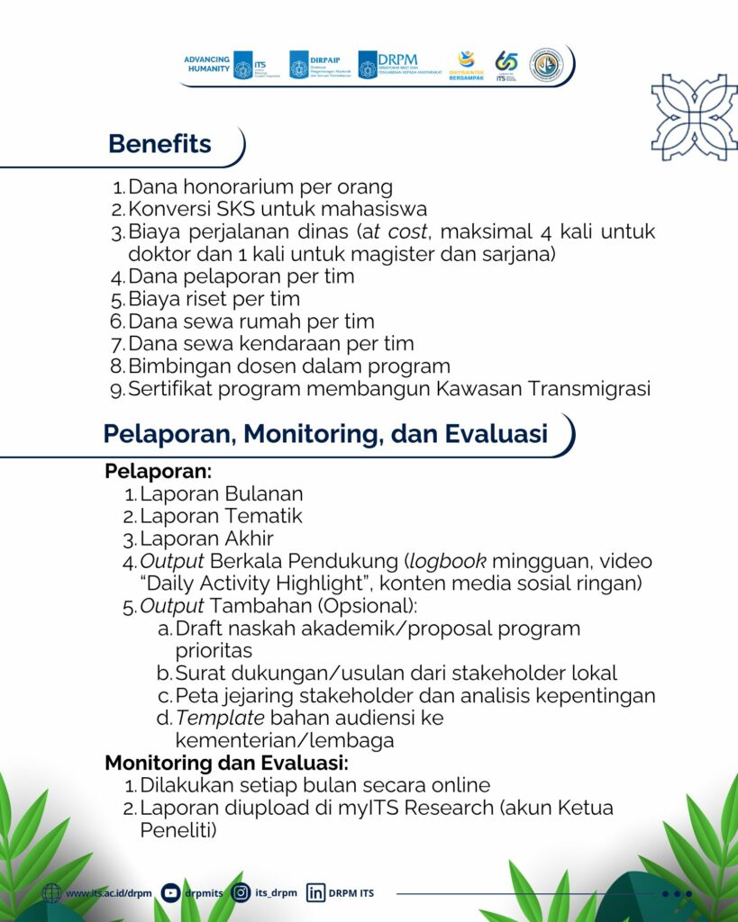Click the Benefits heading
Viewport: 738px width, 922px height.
coord(159,144)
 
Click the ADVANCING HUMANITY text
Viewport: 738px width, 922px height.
coord(207,64)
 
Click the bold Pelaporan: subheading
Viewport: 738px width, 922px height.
coord(159,471)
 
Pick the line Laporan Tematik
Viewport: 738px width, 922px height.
coord(221,517)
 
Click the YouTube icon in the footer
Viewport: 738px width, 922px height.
coord(170,893)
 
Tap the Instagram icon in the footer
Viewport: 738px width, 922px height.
coord(241,893)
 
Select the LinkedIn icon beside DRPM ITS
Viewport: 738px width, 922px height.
coord(315,893)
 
